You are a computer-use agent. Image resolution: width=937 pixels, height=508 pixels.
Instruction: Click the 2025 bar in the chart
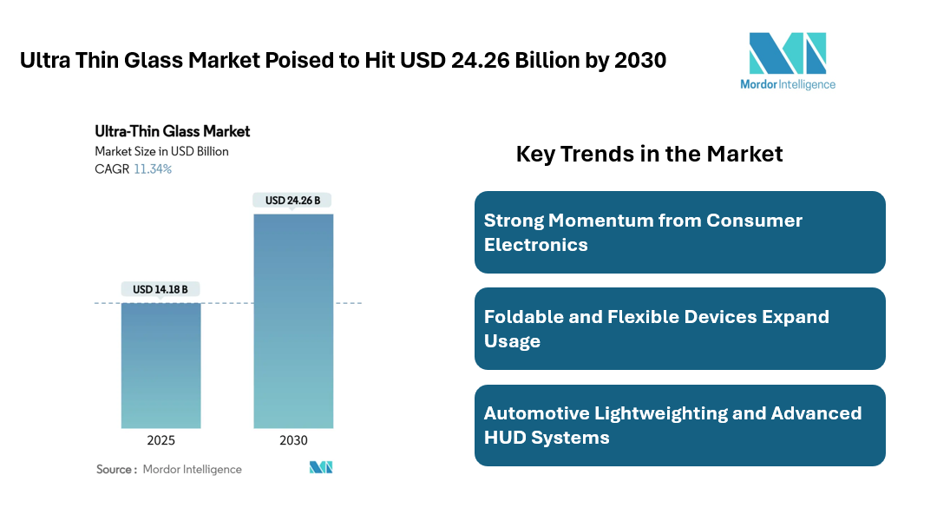click(x=161, y=365)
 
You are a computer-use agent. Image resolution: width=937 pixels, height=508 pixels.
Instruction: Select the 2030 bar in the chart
click(x=293, y=320)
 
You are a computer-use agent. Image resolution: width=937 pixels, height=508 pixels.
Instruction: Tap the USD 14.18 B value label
click(x=161, y=289)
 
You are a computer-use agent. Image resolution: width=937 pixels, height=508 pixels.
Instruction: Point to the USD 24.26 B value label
click(x=292, y=201)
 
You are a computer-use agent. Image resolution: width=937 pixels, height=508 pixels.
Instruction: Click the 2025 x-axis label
click(x=161, y=440)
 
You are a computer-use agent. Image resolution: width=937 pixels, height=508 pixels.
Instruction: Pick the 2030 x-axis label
click(x=293, y=440)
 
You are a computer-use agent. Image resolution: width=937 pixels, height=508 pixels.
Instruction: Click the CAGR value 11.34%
click(x=153, y=169)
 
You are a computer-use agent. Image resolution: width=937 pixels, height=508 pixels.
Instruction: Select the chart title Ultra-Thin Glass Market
click(x=172, y=131)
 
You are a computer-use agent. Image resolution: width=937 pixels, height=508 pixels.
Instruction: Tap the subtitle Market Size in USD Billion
click(x=161, y=151)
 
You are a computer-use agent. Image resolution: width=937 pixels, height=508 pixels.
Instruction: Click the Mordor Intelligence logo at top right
click(x=788, y=61)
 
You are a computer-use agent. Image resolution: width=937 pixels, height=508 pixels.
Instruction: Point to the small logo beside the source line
click(x=320, y=468)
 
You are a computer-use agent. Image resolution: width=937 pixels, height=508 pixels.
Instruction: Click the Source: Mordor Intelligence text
click(x=168, y=469)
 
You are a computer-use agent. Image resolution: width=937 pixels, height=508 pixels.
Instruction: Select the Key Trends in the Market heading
click(x=649, y=154)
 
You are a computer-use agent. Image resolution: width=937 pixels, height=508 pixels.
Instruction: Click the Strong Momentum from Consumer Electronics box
click(x=679, y=232)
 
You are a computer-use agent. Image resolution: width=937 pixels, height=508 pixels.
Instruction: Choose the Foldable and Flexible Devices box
click(x=679, y=328)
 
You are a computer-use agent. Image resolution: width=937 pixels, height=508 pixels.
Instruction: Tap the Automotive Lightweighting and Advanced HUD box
click(x=679, y=426)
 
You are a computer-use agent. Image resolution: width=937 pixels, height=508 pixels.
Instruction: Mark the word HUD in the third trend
click(x=507, y=437)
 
